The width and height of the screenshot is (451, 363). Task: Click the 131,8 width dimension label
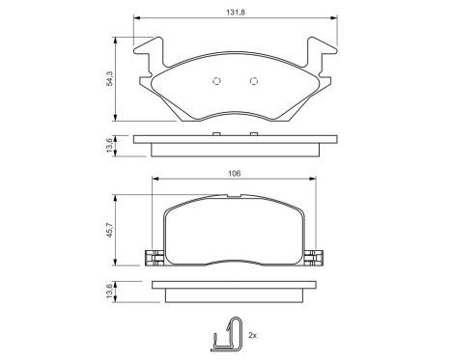(235, 12)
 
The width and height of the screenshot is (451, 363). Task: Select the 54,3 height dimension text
(111, 78)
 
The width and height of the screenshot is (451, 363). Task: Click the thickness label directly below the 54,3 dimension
(111, 144)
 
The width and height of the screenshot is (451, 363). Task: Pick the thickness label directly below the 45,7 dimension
(111, 290)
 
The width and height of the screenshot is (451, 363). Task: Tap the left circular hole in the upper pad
(217, 81)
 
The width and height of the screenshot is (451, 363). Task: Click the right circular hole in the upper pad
(254, 81)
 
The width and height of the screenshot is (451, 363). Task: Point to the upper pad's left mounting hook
(150, 59)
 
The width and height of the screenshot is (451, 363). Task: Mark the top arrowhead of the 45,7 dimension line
(118, 193)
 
